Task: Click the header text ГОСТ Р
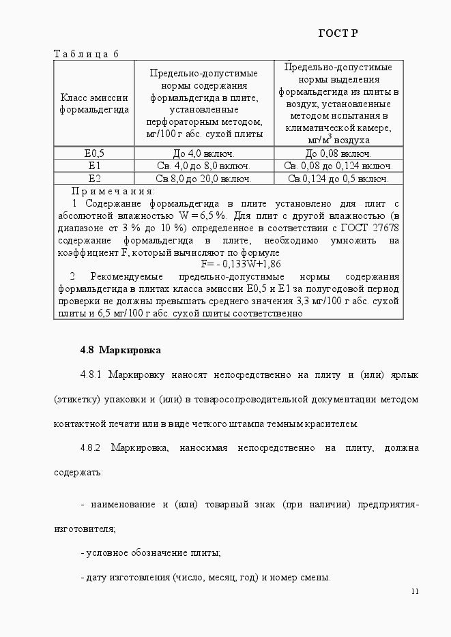(x=338, y=34)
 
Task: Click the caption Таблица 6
(x=86, y=54)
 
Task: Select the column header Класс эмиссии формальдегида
(x=94, y=103)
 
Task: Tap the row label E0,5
(x=94, y=153)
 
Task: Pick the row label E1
(x=94, y=166)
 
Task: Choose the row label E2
(x=94, y=179)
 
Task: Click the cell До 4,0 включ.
(x=204, y=153)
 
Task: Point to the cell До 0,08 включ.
(x=338, y=153)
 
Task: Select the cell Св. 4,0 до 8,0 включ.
(x=204, y=166)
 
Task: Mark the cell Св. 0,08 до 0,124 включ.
(x=338, y=166)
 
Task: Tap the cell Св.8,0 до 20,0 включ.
(x=204, y=179)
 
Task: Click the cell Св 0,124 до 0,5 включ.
(x=338, y=179)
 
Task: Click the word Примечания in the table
(x=113, y=192)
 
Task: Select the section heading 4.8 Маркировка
(x=120, y=350)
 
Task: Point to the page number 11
(x=415, y=591)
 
